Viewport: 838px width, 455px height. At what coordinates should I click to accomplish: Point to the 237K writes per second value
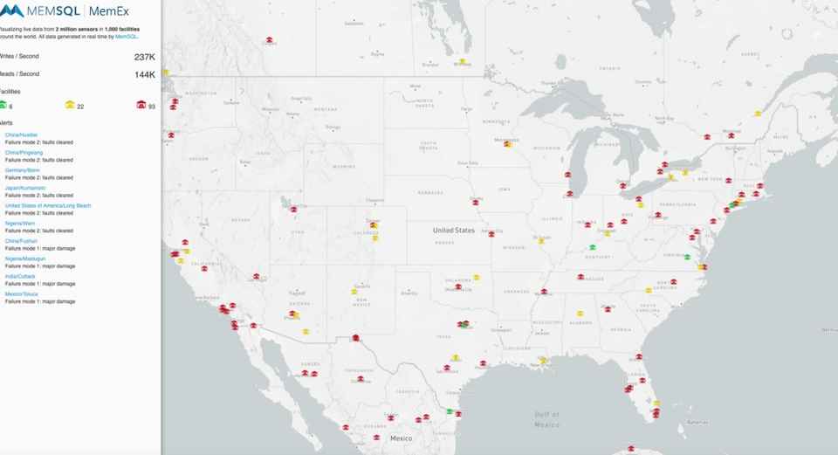click(144, 57)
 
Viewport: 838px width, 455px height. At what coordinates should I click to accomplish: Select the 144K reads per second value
click(144, 74)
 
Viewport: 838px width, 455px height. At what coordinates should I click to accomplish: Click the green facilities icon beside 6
click(3, 105)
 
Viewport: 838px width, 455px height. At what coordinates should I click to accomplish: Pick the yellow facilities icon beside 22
click(70, 105)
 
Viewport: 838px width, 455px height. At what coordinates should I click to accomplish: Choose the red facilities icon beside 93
click(141, 105)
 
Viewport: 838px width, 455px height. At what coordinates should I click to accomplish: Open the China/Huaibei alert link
click(21, 135)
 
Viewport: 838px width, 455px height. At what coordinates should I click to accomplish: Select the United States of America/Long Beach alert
click(48, 205)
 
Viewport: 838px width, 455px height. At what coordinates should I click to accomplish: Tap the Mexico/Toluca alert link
click(23, 293)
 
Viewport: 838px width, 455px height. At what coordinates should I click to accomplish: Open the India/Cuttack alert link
click(20, 276)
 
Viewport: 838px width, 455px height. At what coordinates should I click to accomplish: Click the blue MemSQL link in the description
click(127, 37)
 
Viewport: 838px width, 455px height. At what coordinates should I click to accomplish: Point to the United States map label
click(453, 231)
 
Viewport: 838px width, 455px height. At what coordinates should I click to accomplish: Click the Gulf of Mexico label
click(546, 419)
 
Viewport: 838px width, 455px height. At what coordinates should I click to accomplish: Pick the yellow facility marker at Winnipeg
click(464, 62)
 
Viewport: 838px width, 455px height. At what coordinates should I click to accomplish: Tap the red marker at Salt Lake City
click(294, 208)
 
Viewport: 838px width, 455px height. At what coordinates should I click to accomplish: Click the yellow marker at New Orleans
click(543, 360)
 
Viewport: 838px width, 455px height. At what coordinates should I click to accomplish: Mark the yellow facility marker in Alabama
click(580, 313)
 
